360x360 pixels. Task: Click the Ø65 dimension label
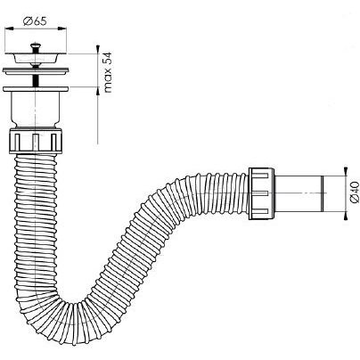36,21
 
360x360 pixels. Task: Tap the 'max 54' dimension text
108,72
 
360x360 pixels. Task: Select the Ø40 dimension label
355,193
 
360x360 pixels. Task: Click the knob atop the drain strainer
36,46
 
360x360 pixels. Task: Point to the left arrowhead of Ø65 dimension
9,29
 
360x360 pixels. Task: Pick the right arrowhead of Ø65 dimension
62,29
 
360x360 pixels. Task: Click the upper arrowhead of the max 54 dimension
98,49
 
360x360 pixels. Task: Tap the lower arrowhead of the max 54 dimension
98,91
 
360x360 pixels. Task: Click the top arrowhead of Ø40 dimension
345,171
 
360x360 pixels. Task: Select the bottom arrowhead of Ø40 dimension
345,216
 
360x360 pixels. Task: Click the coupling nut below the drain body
36,141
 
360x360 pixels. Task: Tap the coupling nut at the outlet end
262,193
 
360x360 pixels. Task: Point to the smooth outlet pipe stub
299,193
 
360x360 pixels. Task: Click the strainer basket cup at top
36,58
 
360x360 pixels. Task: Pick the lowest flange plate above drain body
36,89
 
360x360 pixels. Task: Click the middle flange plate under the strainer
36,71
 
